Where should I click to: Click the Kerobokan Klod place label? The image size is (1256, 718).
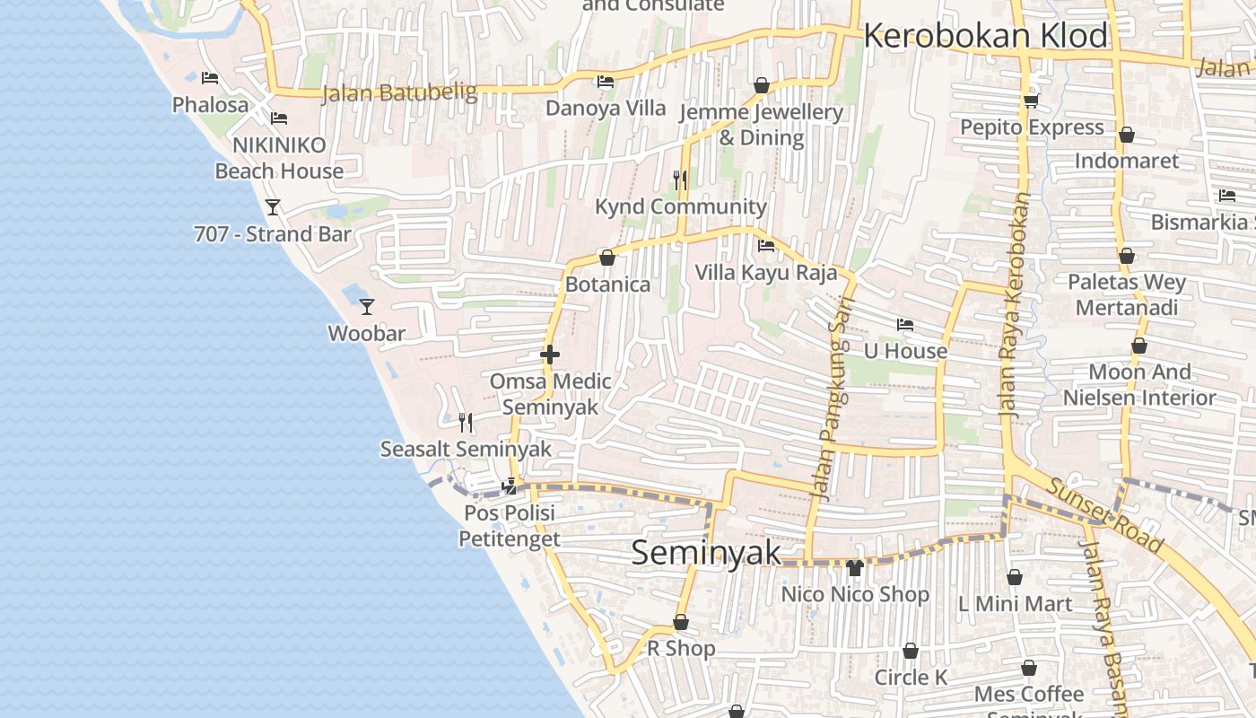coord(985,36)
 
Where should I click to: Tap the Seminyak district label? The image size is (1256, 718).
coord(706,552)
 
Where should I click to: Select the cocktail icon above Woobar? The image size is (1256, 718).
coord(366,307)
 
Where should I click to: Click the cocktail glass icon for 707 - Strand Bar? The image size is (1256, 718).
coord(273,207)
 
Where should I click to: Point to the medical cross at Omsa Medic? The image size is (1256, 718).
coord(550,355)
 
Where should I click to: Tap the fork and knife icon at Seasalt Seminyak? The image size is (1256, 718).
coord(465,422)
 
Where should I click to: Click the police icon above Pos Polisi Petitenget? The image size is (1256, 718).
coord(510,486)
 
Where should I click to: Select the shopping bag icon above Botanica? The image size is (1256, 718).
coord(607,258)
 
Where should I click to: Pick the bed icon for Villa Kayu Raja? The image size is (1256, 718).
coord(766,246)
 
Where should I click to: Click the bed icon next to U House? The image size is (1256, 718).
coord(904,325)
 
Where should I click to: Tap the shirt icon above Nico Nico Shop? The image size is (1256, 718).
coord(854,568)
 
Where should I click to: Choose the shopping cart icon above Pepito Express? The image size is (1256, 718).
coord(1031,101)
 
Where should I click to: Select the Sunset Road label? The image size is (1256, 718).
coord(1105,515)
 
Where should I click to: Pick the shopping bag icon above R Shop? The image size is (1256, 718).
coord(681,622)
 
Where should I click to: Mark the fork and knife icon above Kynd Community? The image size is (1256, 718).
coord(680,180)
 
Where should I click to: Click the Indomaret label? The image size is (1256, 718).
coord(1126,161)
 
